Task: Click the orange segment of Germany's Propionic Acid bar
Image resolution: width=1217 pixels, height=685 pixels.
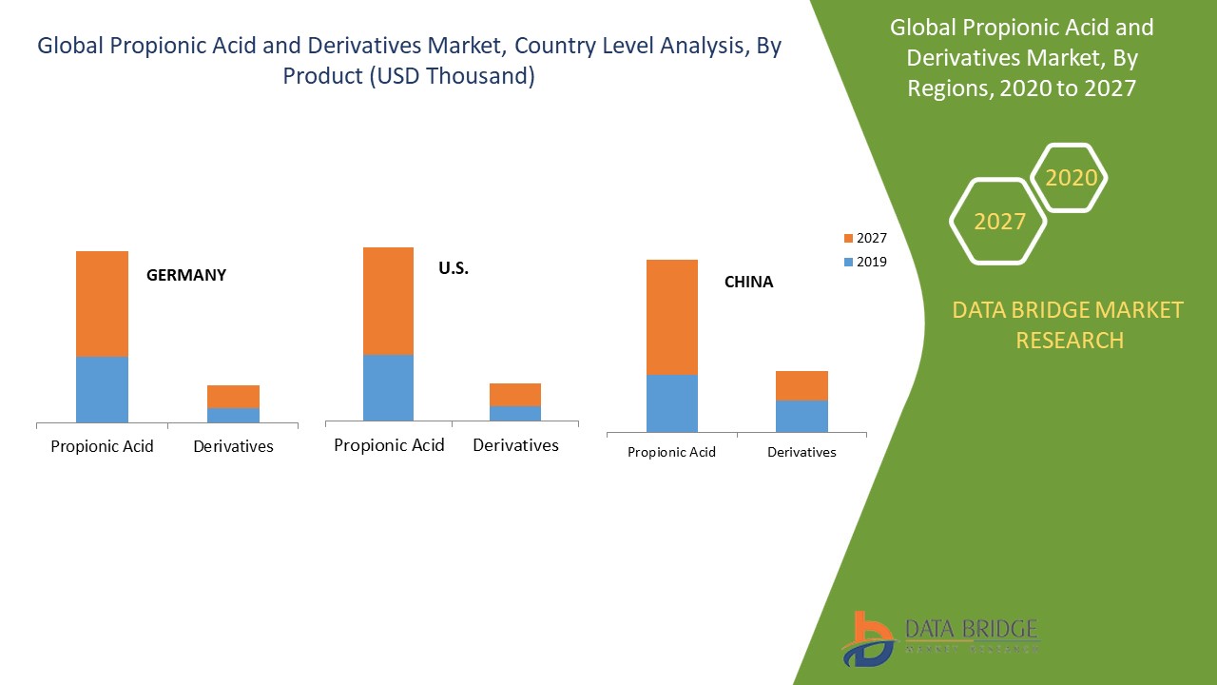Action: pyautogui.click(x=102, y=303)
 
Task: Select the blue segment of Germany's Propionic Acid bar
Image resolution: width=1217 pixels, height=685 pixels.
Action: pyautogui.click(x=102, y=389)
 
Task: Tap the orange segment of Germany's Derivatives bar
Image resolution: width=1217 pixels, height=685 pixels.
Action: pyautogui.click(x=233, y=396)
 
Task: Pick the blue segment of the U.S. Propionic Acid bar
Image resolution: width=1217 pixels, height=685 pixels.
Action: pyautogui.click(x=388, y=387)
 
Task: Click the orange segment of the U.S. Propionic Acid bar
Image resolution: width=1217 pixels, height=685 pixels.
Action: pyautogui.click(x=388, y=301)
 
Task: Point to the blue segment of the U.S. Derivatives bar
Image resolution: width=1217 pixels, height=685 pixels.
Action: pyautogui.click(x=515, y=413)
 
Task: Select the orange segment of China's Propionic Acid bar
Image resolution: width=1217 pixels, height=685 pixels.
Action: pyautogui.click(x=671, y=317)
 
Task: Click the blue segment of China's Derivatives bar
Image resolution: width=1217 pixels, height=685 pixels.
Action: pyautogui.click(x=802, y=416)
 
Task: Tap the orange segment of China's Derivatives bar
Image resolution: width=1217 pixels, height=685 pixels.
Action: pyautogui.click(x=802, y=385)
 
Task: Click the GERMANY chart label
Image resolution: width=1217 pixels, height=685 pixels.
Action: pyautogui.click(x=186, y=275)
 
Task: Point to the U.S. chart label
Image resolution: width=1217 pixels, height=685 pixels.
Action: pyautogui.click(x=454, y=268)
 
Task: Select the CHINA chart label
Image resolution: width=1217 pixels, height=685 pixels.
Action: pyautogui.click(x=748, y=282)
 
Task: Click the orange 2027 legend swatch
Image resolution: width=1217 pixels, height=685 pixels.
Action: pyautogui.click(x=848, y=238)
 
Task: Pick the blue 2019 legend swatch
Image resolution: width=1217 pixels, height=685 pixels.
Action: pyautogui.click(x=848, y=262)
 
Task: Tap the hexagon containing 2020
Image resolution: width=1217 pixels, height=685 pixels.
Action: pyautogui.click(x=1071, y=178)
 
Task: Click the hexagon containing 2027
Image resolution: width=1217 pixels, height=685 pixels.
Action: pyautogui.click(x=998, y=221)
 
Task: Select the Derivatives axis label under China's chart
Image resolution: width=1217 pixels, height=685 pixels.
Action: pyautogui.click(x=802, y=452)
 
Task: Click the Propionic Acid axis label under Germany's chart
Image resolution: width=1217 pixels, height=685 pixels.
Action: pyautogui.click(x=102, y=446)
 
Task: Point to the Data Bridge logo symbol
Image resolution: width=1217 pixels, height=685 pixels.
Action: pyautogui.click(x=867, y=638)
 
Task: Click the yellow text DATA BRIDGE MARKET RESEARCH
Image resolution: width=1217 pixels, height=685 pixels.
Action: pyautogui.click(x=1069, y=324)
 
